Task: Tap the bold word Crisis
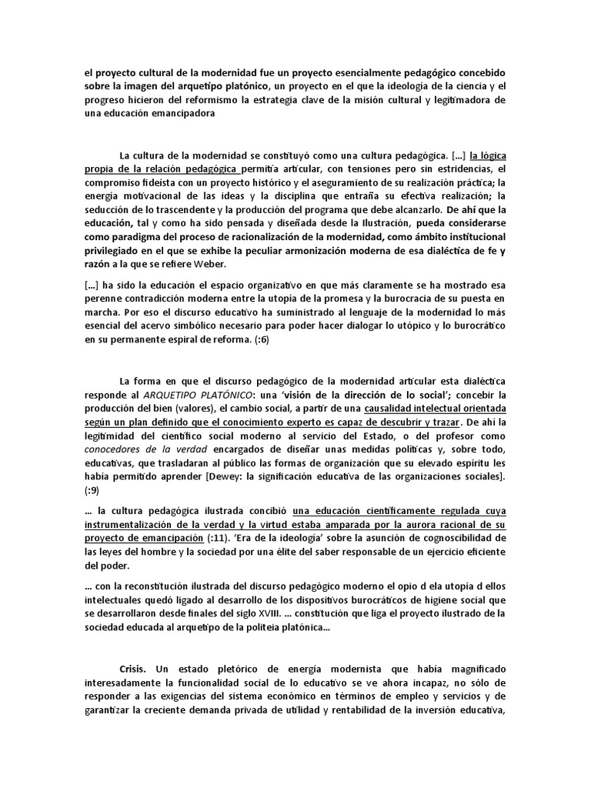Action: (135, 669)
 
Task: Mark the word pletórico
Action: (242, 669)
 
